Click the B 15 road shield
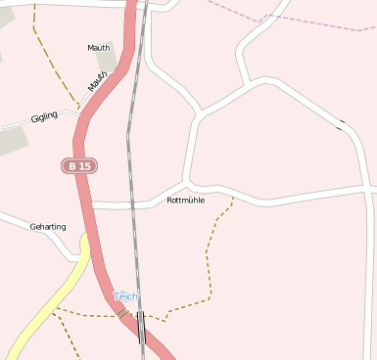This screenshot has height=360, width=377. click(x=79, y=166)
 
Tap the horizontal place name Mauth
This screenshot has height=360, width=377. click(x=99, y=46)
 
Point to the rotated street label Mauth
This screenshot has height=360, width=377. click(x=97, y=80)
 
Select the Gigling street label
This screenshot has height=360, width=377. click(x=44, y=116)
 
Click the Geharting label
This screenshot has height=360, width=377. click(x=48, y=227)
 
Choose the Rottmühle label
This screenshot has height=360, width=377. click(x=186, y=201)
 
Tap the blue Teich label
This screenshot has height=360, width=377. click(x=126, y=296)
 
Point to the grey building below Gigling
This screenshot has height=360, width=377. click(x=12, y=141)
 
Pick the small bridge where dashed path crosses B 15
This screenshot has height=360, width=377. click(x=122, y=313)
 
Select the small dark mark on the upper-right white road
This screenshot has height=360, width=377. click(x=342, y=124)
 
